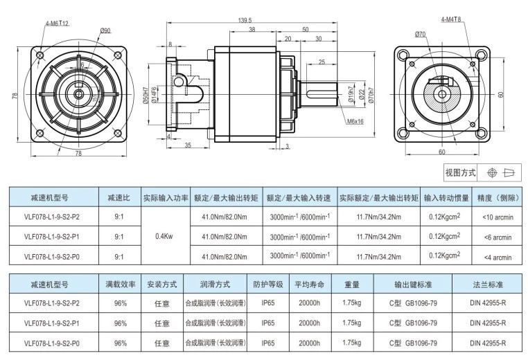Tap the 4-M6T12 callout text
tap(58, 23)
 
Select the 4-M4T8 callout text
tap(451, 19)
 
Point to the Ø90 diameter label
tap(105, 30)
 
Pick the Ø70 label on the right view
tap(420, 33)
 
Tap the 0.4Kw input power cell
tap(166, 236)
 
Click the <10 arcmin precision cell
tap(497, 217)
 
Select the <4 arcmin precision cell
tap(497, 257)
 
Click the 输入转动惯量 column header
tap(446, 197)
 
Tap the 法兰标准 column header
tap(488, 285)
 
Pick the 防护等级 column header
tap(268, 285)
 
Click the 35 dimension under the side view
tap(188, 145)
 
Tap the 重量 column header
tap(351, 285)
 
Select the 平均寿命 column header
tap(308, 285)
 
